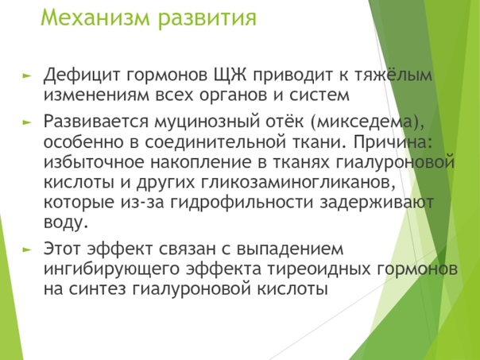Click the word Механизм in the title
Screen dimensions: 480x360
95,17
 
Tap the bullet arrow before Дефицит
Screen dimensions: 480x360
27,75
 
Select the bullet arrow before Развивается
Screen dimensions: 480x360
27,122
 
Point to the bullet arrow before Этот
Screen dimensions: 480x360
27,250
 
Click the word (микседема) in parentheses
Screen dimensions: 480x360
367,122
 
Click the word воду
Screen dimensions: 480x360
66,223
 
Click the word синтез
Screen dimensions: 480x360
97,289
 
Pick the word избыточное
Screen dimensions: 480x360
94,163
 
